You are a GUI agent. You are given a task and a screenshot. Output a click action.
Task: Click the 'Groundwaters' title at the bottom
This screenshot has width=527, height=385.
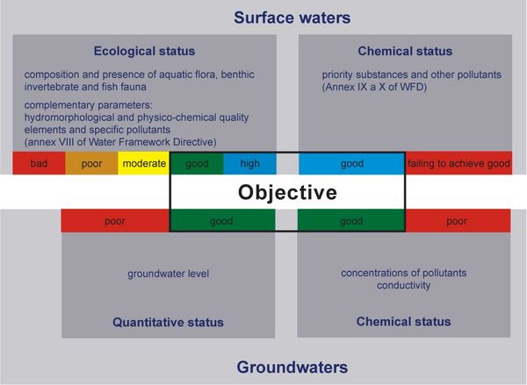292,366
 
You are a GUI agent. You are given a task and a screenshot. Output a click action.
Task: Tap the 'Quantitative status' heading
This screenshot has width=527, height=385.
168,322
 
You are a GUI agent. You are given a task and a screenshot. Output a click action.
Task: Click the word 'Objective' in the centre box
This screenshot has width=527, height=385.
287,192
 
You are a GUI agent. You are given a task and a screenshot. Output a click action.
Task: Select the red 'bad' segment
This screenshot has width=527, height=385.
39,164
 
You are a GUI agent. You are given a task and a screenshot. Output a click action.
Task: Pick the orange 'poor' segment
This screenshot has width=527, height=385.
92,164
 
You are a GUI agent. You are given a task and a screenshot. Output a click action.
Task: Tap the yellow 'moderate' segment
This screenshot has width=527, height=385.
144,164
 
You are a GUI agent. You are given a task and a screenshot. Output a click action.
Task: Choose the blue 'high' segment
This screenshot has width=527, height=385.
249,164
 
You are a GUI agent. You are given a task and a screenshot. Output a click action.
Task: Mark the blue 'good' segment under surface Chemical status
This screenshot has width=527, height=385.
351,164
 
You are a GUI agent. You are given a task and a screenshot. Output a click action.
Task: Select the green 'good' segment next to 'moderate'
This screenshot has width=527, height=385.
196,164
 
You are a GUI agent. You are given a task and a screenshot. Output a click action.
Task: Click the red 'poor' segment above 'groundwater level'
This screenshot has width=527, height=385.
114,222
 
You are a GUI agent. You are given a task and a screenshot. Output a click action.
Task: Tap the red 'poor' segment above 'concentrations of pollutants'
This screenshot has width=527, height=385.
456,222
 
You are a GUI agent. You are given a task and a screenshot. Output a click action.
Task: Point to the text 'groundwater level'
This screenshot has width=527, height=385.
168,273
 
